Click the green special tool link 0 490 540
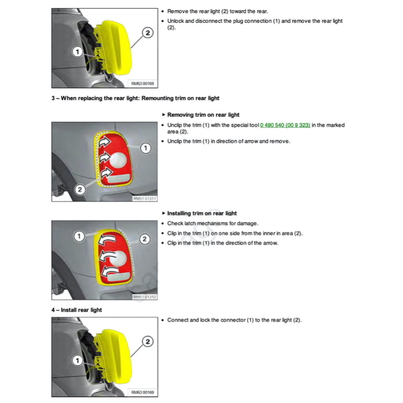point(285,125)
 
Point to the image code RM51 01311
point(144,199)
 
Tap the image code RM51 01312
point(144,297)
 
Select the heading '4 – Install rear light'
point(76,310)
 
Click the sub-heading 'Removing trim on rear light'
point(203,115)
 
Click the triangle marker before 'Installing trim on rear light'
point(164,213)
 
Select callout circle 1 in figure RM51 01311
point(146,148)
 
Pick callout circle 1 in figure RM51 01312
point(79,236)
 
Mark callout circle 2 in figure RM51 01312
point(144,239)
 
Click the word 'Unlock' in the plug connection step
point(176,21)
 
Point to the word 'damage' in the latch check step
point(248,223)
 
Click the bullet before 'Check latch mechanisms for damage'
point(163,224)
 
